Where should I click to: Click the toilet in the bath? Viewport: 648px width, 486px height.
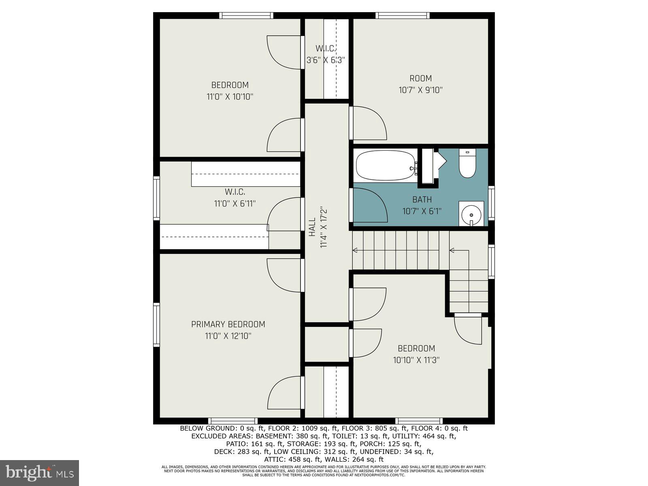point(467,164)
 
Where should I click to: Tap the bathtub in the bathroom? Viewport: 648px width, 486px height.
point(385,165)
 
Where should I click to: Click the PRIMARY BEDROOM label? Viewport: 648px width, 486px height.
point(228,324)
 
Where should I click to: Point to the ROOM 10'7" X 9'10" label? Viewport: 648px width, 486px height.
point(420,84)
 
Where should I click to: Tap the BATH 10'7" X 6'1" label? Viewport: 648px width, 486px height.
point(422,205)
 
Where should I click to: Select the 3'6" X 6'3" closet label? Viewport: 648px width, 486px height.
point(326,60)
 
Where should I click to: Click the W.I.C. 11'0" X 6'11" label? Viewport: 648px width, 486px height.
point(235,198)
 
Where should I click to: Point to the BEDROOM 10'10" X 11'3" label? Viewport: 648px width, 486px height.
point(416,354)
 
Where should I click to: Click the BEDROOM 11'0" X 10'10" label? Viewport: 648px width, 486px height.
point(230,91)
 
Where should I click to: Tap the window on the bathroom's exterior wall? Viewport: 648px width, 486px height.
point(491,202)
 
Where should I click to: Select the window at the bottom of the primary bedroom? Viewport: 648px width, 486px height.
point(232,421)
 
